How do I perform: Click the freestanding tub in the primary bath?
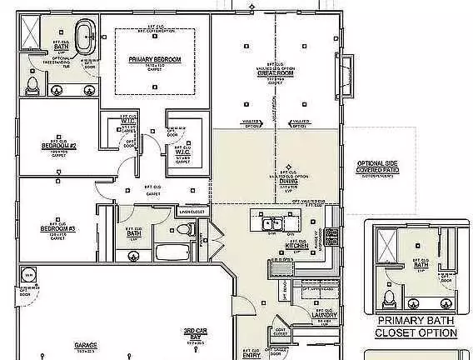coord(87,39)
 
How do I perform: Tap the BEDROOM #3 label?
coord(58,228)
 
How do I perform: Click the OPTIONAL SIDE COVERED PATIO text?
coord(379,167)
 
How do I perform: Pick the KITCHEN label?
coord(297,247)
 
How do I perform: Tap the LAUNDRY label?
coord(323,315)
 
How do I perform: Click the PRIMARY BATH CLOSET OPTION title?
coord(416,327)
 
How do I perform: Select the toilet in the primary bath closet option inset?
coord(388,297)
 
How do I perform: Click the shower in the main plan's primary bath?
coord(30,32)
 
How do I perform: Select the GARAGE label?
coord(86,344)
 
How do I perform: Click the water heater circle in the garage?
coord(27,276)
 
